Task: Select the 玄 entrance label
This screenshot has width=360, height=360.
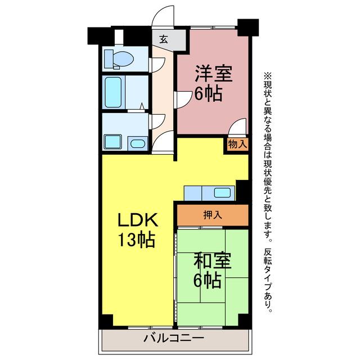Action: pyautogui.click(x=163, y=39)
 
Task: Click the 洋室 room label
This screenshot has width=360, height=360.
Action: pyautogui.click(x=214, y=73)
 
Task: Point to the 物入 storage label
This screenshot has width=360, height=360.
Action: pyautogui.click(x=237, y=144)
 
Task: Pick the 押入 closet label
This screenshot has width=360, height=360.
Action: pyautogui.click(x=212, y=214)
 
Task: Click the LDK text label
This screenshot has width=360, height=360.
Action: pyautogui.click(x=137, y=220)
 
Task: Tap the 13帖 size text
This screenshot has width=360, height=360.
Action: pyautogui.click(x=137, y=241)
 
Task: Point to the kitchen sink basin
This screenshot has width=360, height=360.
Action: pyautogui.click(x=222, y=193)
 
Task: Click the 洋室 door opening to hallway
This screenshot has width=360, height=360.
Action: pyautogui.click(x=184, y=100)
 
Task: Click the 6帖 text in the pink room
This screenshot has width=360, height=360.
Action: pyautogui.click(x=208, y=93)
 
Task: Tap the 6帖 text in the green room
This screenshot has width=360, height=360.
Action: pyautogui.click(x=208, y=280)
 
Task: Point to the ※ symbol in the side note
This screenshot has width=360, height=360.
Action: pyautogui.click(x=267, y=75)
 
